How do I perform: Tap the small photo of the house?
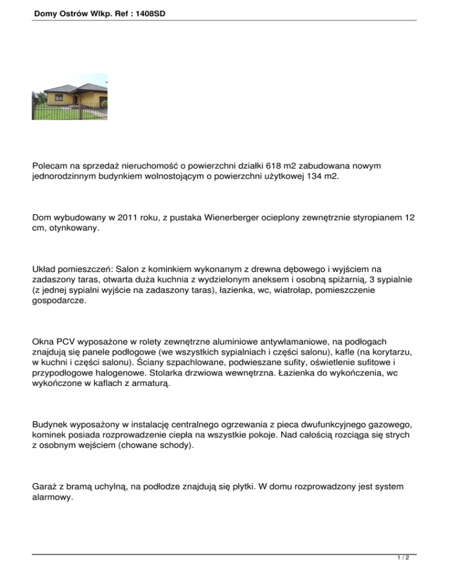pyautogui.click(x=70, y=96)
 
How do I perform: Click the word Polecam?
pyautogui.click(x=51, y=168)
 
